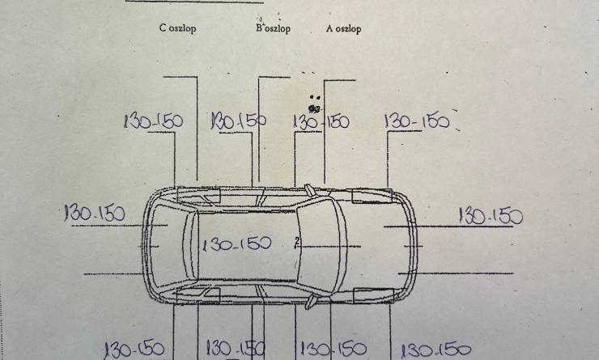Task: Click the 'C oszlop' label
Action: tap(177, 28)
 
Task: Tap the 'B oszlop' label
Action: tap(273, 28)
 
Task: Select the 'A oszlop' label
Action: tap(343, 28)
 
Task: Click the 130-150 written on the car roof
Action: tap(237, 244)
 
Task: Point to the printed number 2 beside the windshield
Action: tap(297, 241)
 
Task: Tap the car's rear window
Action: tap(190, 245)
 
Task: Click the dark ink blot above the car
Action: tap(314, 109)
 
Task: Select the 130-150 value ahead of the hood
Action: tap(491, 216)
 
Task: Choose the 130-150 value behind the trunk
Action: tap(95, 213)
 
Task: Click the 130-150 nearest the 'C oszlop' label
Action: tap(153, 121)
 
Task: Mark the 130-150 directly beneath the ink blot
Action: tap(321, 122)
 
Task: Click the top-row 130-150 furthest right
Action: tap(417, 121)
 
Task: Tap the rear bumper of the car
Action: tap(145, 245)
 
